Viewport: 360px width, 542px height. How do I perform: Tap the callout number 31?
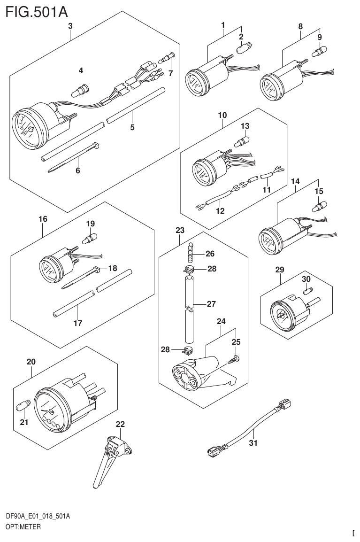(253, 442)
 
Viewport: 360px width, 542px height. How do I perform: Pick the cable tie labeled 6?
(70, 157)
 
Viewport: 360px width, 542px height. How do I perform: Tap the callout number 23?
(180, 230)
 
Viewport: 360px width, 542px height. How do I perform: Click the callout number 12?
(220, 211)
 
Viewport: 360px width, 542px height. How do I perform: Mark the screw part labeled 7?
(167, 59)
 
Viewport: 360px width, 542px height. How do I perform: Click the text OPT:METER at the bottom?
(23, 527)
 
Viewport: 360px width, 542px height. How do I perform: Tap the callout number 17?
(78, 323)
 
